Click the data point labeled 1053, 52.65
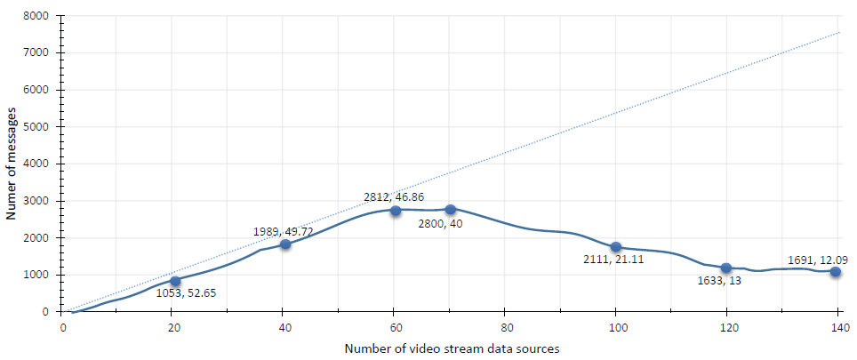pyautogui.click(x=175, y=282)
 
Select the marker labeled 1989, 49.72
pyautogui.click(x=285, y=244)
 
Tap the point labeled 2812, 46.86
pyautogui.click(x=396, y=210)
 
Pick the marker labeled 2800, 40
pyautogui.click(x=450, y=210)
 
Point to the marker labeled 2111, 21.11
pyautogui.click(x=615, y=247)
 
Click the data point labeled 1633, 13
pyautogui.click(x=726, y=268)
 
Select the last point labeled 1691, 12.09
pyautogui.click(x=836, y=272)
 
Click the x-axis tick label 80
pyautogui.click(x=505, y=326)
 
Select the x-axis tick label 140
pyautogui.click(x=836, y=326)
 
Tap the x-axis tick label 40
pyautogui.click(x=284, y=326)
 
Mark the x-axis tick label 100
pyautogui.click(x=615, y=326)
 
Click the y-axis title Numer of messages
pyautogui.click(x=12, y=164)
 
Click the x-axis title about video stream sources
pyautogui.click(x=452, y=348)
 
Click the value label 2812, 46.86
pyautogui.click(x=394, y=196)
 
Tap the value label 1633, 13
pyautogui.click(x=717, y=281)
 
